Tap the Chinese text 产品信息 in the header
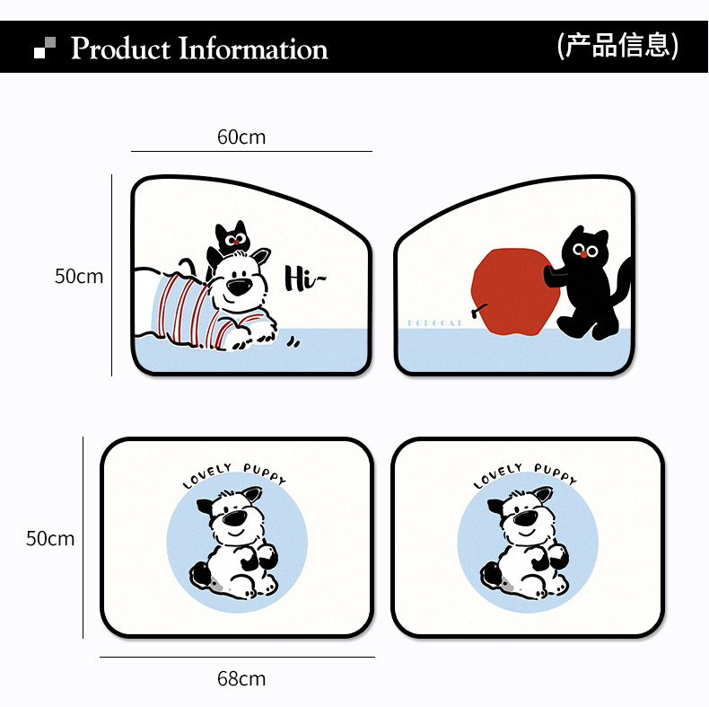(617, 45)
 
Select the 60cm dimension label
(241, 137)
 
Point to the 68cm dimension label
(241, 678)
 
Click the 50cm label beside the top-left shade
(79, 277)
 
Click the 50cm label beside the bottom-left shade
(50, 539)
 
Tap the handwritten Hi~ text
(303, 279)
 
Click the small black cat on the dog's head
(230, 239)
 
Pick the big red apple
(510, 292)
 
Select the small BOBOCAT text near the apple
(434, 322)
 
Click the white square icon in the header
(39, 53)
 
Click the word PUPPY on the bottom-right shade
(555, 473)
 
